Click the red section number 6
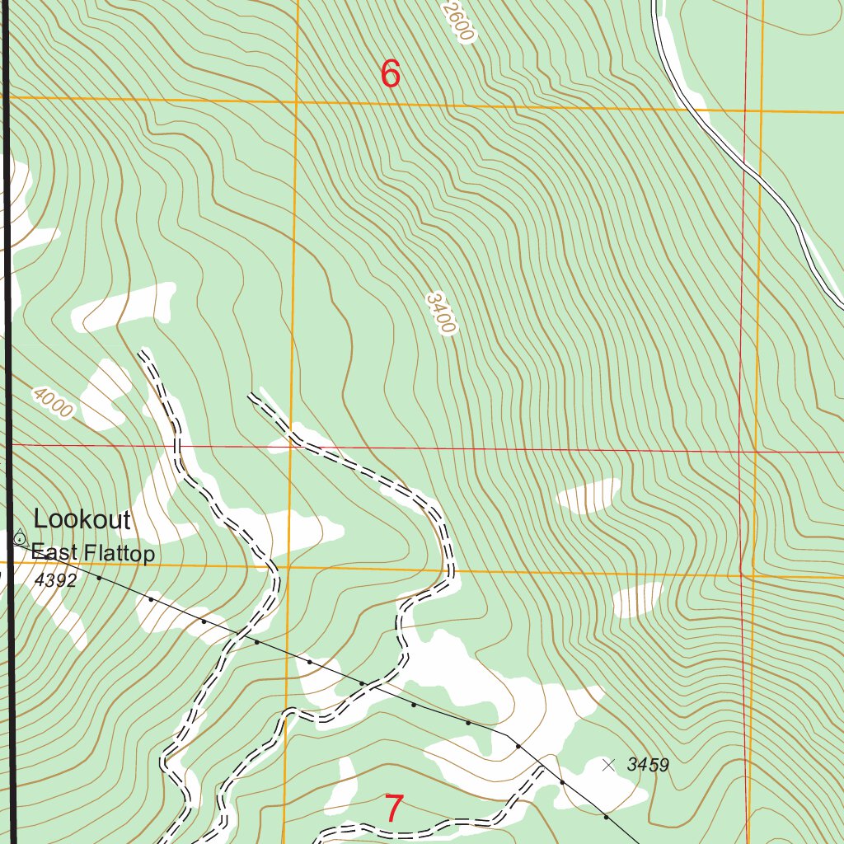tap(390, 74)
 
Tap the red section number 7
tap(394, 809)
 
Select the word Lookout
tap(82, 519)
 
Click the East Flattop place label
tap(92, 554)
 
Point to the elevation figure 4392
tap(56, 580)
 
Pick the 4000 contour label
tap(54, 402)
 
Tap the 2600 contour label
tap(459, 21)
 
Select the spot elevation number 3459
tap(647, 765)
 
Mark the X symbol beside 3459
tap(608, 765)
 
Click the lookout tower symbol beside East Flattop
tap(19, 538)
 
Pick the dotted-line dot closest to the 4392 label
tap(98, 578)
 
